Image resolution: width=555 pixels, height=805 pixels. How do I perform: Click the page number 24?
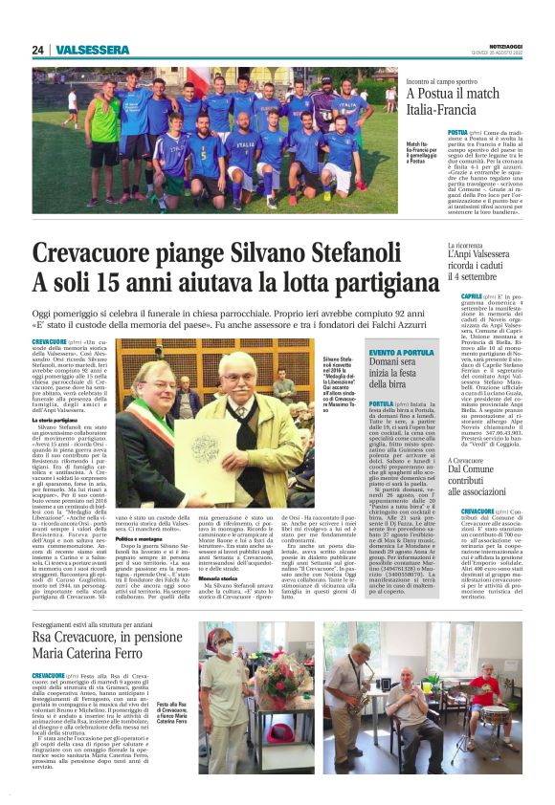pyautogui.click(x=38, y=50)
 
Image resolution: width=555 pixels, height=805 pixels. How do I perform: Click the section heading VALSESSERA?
pyautogui.click(x=92, y=50)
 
